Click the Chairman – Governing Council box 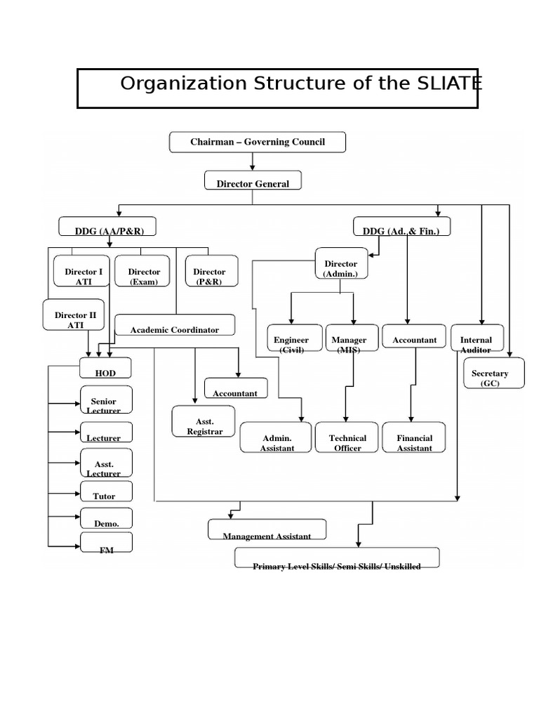pos(258,142)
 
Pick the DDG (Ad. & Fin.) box pos(401,227)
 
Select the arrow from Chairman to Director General pos(253,161)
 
